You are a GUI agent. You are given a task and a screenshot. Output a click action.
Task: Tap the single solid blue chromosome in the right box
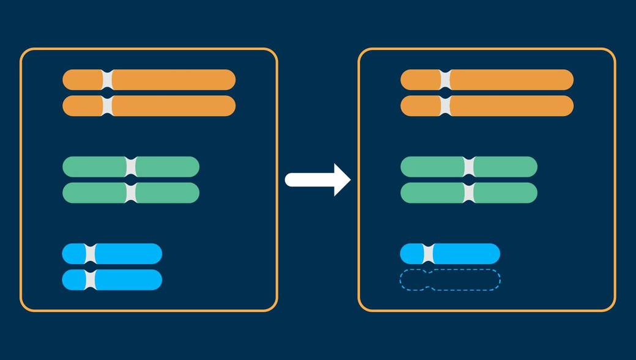465,254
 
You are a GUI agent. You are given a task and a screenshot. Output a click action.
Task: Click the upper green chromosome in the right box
505,167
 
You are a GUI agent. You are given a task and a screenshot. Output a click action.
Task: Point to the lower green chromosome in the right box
505,193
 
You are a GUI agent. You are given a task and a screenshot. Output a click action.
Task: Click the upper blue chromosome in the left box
128,254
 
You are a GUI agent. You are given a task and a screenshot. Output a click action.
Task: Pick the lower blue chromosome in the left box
128,279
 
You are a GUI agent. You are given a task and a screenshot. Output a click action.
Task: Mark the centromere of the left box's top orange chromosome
108,80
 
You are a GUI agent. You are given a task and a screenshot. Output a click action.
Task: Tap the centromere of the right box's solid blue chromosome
428,254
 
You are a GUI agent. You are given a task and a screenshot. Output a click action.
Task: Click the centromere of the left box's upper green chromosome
130,167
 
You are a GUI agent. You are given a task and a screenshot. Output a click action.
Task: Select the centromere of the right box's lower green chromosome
469,193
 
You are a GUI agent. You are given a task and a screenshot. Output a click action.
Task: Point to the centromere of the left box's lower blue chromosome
91,279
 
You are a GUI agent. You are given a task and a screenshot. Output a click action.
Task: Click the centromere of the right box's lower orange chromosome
445,106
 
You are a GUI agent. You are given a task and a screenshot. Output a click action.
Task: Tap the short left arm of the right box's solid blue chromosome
412,254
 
